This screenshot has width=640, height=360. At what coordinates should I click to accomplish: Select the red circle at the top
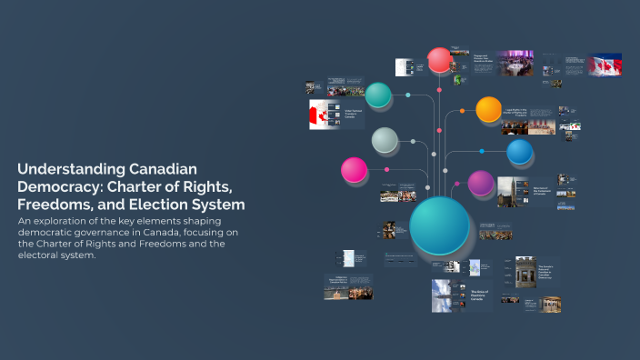click(440, 60)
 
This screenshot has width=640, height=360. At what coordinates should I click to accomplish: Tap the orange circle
click(489, 110)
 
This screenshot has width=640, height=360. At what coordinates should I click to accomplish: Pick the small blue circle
click(519, 152)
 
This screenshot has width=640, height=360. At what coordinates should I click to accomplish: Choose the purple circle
click(481, 183)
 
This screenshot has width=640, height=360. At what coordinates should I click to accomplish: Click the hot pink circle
click(354, 169)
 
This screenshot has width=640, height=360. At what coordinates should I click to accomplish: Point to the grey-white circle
click(385, 140)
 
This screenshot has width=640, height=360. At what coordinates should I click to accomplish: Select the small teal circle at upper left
click(378, 95)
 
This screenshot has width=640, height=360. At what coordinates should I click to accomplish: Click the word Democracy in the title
click(58, 187)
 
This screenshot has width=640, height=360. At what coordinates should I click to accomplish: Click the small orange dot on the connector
click(462, 111)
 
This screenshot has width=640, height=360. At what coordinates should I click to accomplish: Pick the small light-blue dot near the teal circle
click(408, 95)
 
